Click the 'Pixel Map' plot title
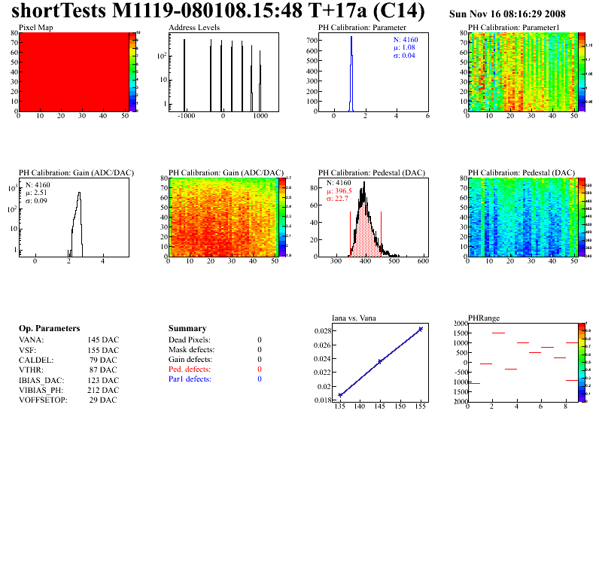click(x=35, y=27)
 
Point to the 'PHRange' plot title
click(x=484, y=318)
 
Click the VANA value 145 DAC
click(x=103, y=339)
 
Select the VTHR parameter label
click(x=31, y=370)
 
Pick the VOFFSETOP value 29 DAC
click(x=103, y=400)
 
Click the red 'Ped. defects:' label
click(x=190, y=370)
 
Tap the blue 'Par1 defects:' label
click(x=190, y=379)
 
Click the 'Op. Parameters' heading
click(x=49, y=329)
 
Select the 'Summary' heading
click(x=187, y=329)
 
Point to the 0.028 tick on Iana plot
click(x=324, y=330)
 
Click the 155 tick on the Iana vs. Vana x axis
click(x=420, y=406)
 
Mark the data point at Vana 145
click(x=380, y=361)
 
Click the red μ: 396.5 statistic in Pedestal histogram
click(x=339, y=191)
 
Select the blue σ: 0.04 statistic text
click(x=404, y=56)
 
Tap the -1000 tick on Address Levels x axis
click(x=185, y=117)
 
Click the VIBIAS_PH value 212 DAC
click(x=103, y=390)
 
